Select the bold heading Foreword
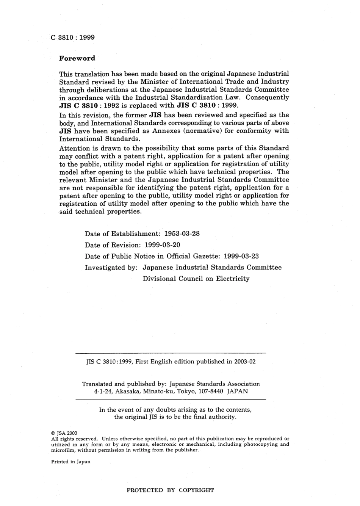pos(77,58)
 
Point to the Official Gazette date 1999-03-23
pos(241,256)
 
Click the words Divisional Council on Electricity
pos(196,279)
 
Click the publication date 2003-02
pos(245,362)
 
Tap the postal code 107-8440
pos(211,391)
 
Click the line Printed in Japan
pos(70,462)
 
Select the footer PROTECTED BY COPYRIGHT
pos(170,490)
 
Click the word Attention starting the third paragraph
pos(74,148)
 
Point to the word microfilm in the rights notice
pos(63,450)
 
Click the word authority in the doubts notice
pos(221,417)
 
